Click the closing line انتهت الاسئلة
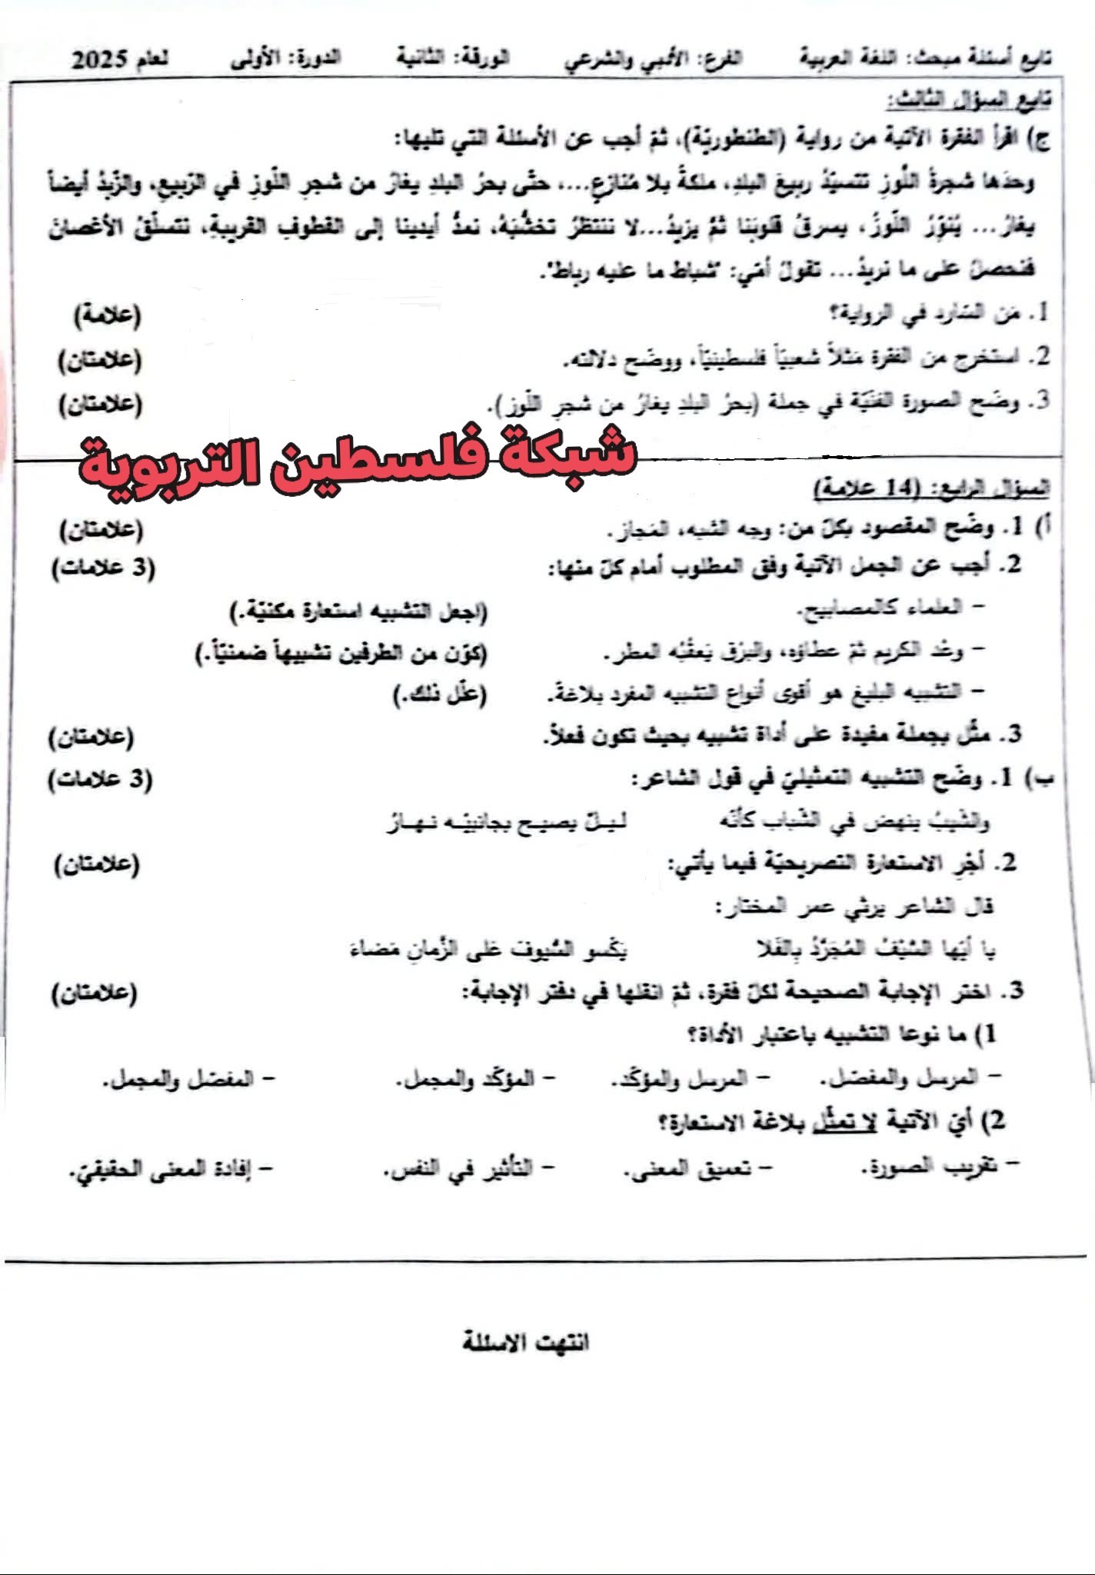click(526, 1342)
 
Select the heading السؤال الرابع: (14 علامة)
click(931, 488)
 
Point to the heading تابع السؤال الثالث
click(968, 100)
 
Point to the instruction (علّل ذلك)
click(440, 694)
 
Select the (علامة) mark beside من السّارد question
click(108, 315)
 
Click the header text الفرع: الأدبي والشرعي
click(654, 60)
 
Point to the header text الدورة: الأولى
click(286, 60)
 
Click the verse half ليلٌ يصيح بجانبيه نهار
click(506, 822)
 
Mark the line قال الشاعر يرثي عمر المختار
click(854, 907)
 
